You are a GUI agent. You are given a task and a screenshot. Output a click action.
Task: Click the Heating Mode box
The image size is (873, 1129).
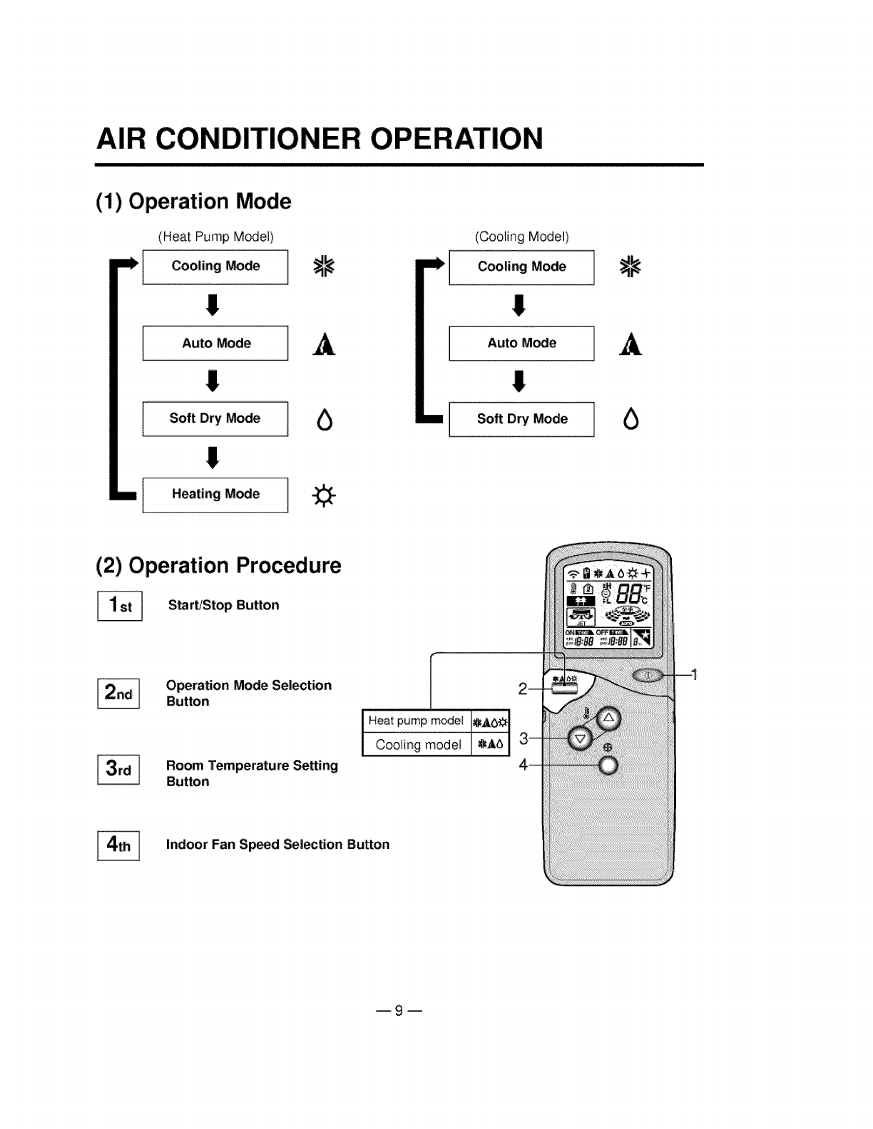[215, 495]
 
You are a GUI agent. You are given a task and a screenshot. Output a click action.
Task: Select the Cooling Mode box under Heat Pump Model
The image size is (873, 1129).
[215, 267]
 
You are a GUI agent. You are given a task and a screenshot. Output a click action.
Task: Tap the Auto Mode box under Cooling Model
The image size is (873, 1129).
[521, 344]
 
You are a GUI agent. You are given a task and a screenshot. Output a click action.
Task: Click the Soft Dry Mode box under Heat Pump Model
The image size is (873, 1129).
[215, 419]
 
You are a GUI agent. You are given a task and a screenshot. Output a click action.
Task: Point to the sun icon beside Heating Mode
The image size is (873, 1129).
[325, 495]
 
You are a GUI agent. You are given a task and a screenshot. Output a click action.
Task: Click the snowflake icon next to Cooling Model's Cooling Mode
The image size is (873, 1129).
[630, 267]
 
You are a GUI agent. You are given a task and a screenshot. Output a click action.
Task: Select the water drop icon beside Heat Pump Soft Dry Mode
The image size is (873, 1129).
[325, 421]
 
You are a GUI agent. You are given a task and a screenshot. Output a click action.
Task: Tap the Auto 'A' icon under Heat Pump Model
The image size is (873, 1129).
[325, 344]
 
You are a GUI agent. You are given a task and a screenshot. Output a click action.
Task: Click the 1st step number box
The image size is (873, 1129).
[120, 606]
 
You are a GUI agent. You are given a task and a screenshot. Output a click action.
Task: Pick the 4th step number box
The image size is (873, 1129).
[118, 845]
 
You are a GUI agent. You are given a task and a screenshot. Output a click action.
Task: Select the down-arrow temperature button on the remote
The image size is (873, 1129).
[580, 738]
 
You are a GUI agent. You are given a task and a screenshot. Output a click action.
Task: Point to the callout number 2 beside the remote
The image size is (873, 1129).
[522, 689]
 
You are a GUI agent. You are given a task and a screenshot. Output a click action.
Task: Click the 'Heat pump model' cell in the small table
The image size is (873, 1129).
[417, 721]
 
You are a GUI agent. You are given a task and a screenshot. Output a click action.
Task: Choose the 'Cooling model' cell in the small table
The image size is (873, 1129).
[418, 745]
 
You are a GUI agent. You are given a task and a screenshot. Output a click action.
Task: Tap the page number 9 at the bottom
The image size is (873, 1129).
[399, 1010]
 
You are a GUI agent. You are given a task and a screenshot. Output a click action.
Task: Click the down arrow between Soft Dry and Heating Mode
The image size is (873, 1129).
[212, 457]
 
